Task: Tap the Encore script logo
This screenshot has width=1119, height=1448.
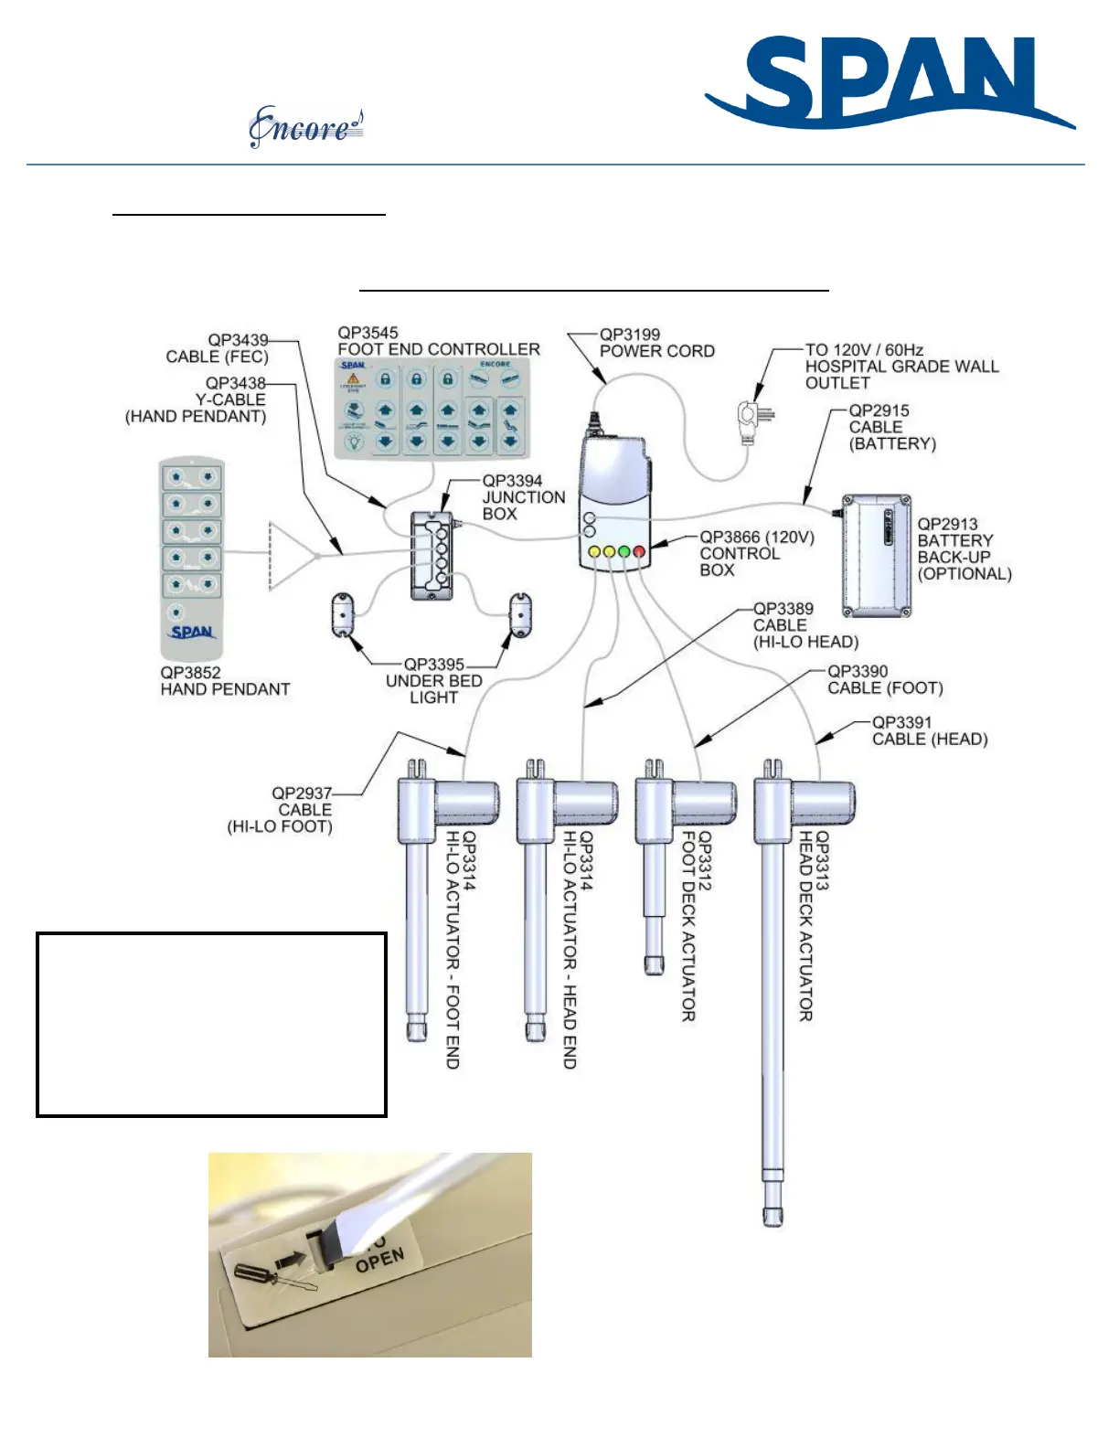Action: point(305,128)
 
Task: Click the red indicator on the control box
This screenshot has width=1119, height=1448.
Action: point(639,551)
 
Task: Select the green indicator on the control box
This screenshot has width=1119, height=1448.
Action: point(624,551)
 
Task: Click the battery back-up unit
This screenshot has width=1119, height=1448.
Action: point(877,557)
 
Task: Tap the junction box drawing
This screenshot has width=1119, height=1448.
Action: point(432,555)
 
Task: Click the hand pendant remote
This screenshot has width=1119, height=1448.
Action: point(192,558)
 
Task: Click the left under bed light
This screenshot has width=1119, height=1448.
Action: point(342,614)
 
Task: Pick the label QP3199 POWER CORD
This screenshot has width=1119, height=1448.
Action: point(656,343)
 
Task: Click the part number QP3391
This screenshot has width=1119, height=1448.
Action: point(901,722)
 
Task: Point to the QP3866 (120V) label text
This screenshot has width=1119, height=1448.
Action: point(757,538)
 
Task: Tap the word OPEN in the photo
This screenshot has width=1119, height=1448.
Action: point(379,1261)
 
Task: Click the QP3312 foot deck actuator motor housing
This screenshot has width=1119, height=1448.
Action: point(703,802)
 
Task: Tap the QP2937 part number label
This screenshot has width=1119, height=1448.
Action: point(302,793)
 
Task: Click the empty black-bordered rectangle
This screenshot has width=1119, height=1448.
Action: point(211,1024)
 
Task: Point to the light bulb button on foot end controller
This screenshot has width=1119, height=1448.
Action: point(355,442)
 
